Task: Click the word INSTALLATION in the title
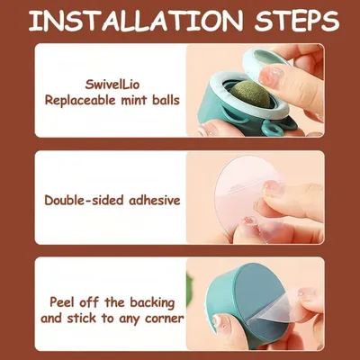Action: [136, 21]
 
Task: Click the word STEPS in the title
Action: [297, 21]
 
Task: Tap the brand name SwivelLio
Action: [112, 85]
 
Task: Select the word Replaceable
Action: [80, 100]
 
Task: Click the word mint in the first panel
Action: [135, 100]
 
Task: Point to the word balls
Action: [166, 100]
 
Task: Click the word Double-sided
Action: [85, 200]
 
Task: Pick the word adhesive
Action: [155, 200]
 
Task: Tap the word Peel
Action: [61, 301]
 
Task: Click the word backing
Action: [152, 302]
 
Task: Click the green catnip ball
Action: [247, 96]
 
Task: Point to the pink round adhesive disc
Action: [240, 195]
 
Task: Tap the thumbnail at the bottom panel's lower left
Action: [219, 321]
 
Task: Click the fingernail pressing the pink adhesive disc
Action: [274, 188]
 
